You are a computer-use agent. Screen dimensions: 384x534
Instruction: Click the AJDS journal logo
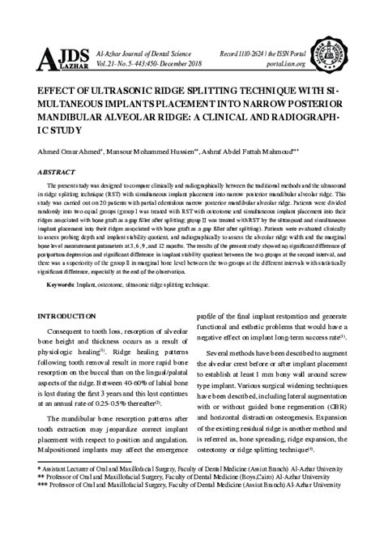click(x=58, y=58)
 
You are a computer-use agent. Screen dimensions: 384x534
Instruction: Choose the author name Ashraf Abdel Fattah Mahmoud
click(x=254, y=152)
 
